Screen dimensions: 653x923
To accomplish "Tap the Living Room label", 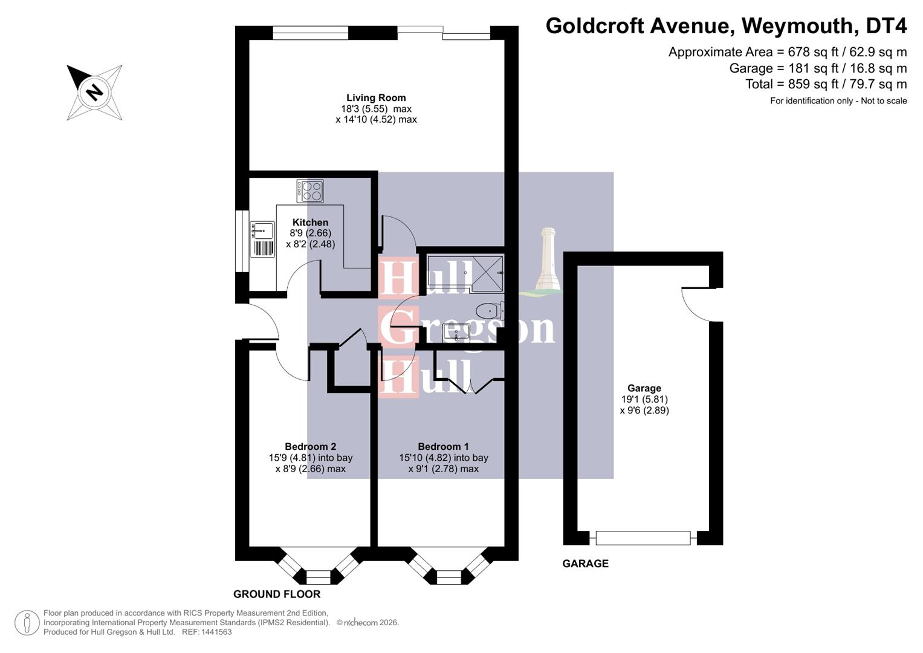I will pyautogui.click(x=376, y=98).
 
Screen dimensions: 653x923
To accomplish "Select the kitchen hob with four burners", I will pyautogui.click(x=310, y=191).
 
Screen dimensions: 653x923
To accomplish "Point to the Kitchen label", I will pyautogui.click(x=310, y=223).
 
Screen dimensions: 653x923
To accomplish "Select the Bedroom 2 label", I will pyautogui.click(x=310, y=447).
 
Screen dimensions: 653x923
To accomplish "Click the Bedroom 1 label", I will pyautogui.click(x=443, y=447).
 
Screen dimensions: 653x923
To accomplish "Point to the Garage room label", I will pyautogui.click(x=644, y=388).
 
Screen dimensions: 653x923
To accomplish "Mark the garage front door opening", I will pyautogui.click(x=643, y=538).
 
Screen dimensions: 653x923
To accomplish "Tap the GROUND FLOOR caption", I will pyautogui.click(x=277, y=594).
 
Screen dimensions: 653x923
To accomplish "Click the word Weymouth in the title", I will pyautogui.click(x=798, y=26).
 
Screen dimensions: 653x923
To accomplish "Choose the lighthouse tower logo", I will pyautogui.click(x=548, y=260).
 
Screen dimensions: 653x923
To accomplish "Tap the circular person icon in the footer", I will pyautogui.click(x=27, y=623).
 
